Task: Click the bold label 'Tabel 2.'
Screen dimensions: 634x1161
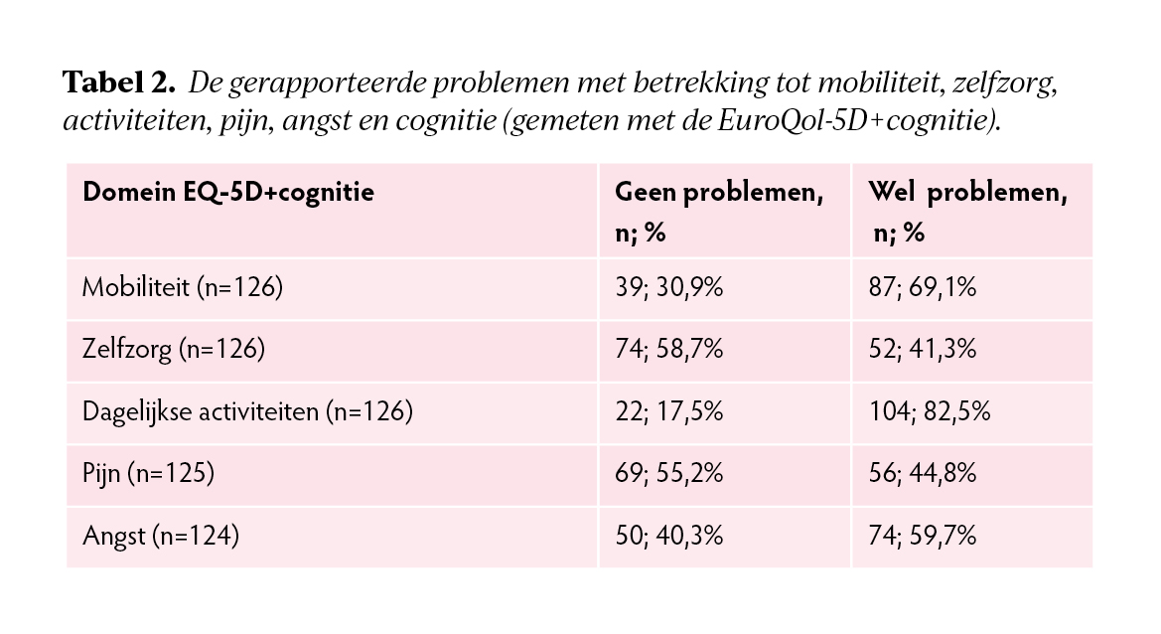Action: pyautogui.click(x=119, y=83)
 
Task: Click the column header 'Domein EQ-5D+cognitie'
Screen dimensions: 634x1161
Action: pyautogui.click(x=228, y=193)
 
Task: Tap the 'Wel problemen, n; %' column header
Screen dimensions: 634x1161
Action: pyautogui.click(x=967, y=212)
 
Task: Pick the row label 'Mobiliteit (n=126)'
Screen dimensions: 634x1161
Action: pyautogui.click(x=183, y=288)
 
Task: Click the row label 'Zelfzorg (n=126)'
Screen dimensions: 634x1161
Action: pyautogui.click(x=174, y=350)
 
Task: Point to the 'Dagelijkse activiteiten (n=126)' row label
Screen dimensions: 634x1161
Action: pyautogui.click(x=246, y=411)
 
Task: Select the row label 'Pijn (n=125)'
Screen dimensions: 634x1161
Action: pyautogui.click(x=149, y=474)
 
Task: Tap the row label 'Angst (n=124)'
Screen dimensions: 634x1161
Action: pyautogui.click(x=161, y=537)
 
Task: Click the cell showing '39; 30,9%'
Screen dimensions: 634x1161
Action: pyautogui.click(x=668, y=288)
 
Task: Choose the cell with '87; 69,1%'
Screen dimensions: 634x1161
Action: pyautogui.click(x=922, y=288)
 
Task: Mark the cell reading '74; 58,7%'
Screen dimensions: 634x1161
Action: pyautogui.click(x=669, y=350)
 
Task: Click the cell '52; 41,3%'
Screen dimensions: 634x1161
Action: pyautogui.click(x=922, y=350)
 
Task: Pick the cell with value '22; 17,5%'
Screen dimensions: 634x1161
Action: pyautogui.click(x=668, y=411)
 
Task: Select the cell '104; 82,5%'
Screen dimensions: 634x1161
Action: pyautogui.click(x=929, y=411)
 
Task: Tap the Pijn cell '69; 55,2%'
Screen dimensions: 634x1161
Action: pyautogui.click(x=669, y=474)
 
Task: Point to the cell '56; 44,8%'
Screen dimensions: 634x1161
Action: pyautogui.click(x=923, y=474)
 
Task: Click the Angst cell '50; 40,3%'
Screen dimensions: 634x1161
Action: pyautogui.click(x=669, y=537)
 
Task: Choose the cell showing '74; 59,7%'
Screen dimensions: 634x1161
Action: pyautogui.click(x=922, y=537)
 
